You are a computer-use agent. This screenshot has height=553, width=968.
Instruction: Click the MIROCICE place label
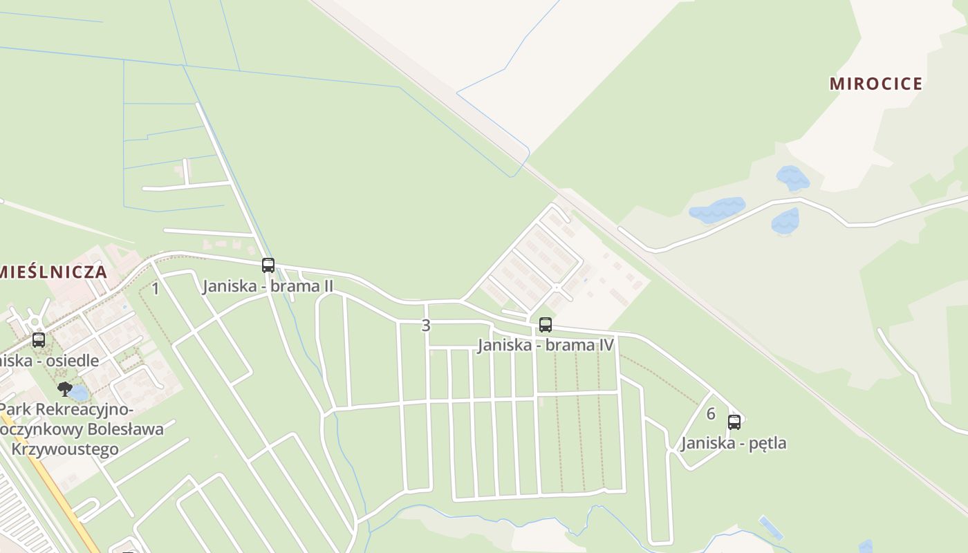pyautogui.click(x=876, y=84)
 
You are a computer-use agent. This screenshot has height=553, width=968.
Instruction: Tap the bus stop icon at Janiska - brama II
pyautogui.click(x=268, y=265)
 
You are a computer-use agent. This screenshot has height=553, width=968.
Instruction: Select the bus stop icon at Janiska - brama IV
pyautogui.click(x=546, y=324)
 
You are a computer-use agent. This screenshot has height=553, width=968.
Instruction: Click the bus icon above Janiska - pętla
pyautogui.click(x=734, y=422)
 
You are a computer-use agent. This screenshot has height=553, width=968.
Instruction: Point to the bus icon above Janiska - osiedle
pyautogui.click(x=39, y=340)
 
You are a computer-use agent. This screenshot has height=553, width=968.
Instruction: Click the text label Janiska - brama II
pyautogui.click(x=268, y=286)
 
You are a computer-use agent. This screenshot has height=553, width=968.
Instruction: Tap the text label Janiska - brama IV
pyautogui.click(x=546, y=344)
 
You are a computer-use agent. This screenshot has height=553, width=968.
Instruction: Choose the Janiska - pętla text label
pyautogui.click(x=734, y=443)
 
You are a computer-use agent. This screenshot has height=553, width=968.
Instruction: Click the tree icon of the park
pyautogui.click(x=64, y=388)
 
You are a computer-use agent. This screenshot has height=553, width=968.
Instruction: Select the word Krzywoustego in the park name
pyautogui.click(x=65, y=449)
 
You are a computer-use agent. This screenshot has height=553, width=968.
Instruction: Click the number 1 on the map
pyautogui.click(x=156, y=289)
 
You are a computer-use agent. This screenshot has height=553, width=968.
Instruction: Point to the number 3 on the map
pyautogui.click(x=426, y=325)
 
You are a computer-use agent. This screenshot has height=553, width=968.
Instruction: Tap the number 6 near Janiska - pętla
pyautogui.click(x=711, y=414)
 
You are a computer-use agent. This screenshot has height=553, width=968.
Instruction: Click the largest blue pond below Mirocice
pyautogui.click(x=717, y=209)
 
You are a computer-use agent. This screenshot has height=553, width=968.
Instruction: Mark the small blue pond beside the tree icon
pyautogui.click(x=79, y=393)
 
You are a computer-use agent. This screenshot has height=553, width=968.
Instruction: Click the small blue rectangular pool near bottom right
pyautogui.click(x=771, y=528)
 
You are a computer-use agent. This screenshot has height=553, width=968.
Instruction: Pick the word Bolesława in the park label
pyautogui.click(x=129, y=429)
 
